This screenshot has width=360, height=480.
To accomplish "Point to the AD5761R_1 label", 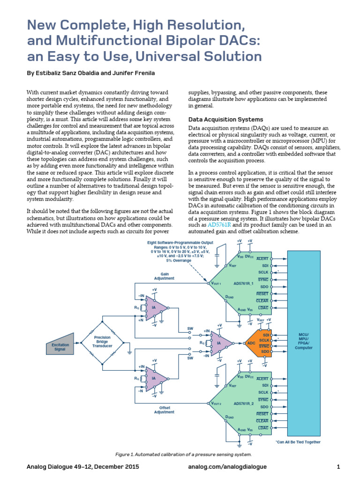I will pos(243,284).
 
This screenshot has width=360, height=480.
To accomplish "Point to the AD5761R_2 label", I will pos(243,403).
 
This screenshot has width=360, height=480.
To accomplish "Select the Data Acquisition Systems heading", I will pos(225,119).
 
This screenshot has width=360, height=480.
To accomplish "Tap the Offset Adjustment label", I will pos(164,410).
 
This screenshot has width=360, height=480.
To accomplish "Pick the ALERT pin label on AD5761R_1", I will pos(262,259).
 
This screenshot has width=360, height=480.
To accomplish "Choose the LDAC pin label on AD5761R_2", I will pos(263,428).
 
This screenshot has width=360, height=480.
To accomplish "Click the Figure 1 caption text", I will pos(184,454).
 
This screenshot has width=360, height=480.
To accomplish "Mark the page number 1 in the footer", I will pos(338,467).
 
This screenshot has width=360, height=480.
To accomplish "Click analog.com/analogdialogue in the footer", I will pos(227,467).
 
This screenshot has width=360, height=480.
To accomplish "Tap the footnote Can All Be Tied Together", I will pos(298,442).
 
